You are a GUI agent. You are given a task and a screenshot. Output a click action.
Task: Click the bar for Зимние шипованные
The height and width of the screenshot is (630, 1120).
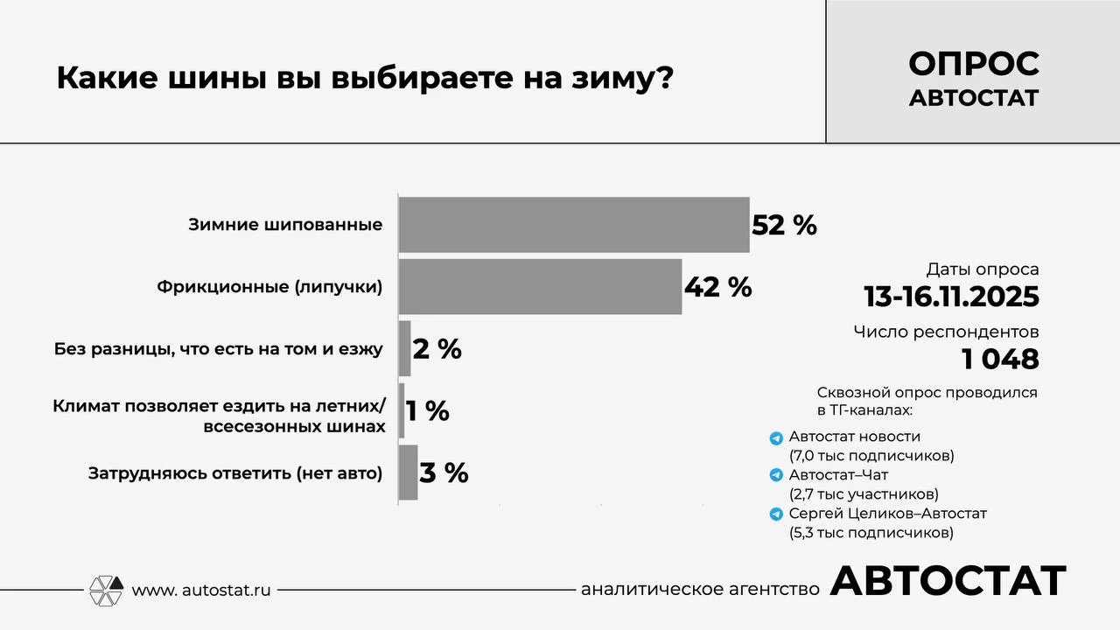573,225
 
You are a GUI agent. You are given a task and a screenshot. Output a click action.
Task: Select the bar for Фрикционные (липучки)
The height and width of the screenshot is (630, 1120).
540,286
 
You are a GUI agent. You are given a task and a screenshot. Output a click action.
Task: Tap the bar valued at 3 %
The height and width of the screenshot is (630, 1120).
408,472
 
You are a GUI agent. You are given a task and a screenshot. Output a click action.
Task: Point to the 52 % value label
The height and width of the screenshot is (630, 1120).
784,225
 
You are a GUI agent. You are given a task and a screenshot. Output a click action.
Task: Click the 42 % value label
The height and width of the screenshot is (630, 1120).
717,286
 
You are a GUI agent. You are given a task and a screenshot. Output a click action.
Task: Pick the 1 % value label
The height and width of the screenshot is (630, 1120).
428,410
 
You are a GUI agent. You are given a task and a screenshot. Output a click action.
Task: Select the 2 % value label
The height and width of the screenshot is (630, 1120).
437,349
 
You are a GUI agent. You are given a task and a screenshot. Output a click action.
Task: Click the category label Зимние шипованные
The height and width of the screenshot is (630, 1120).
285,225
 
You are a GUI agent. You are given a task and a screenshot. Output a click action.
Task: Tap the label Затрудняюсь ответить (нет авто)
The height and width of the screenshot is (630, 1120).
235,473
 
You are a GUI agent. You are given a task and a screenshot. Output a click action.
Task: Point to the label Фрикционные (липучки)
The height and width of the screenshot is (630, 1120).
269,287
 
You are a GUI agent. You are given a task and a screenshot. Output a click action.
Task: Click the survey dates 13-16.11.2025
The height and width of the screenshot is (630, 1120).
951,297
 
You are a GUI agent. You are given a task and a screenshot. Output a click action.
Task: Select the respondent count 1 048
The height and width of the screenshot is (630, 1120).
1000,359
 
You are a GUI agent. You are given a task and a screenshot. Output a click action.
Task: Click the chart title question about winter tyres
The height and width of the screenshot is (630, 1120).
365,78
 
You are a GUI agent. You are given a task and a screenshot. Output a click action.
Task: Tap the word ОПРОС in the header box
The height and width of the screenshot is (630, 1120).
973,63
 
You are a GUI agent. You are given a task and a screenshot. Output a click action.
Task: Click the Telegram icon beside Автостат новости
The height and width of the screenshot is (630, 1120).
775,437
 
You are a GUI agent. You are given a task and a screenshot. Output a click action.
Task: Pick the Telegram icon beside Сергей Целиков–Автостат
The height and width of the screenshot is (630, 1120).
775,514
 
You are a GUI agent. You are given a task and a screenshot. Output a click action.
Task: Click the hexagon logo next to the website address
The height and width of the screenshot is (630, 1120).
107,591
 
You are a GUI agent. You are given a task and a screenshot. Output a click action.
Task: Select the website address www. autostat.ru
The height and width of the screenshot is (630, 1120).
200,591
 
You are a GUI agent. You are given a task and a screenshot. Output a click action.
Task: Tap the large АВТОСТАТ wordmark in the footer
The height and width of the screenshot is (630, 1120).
948,581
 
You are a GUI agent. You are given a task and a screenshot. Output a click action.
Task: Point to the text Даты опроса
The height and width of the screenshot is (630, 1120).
983,269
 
